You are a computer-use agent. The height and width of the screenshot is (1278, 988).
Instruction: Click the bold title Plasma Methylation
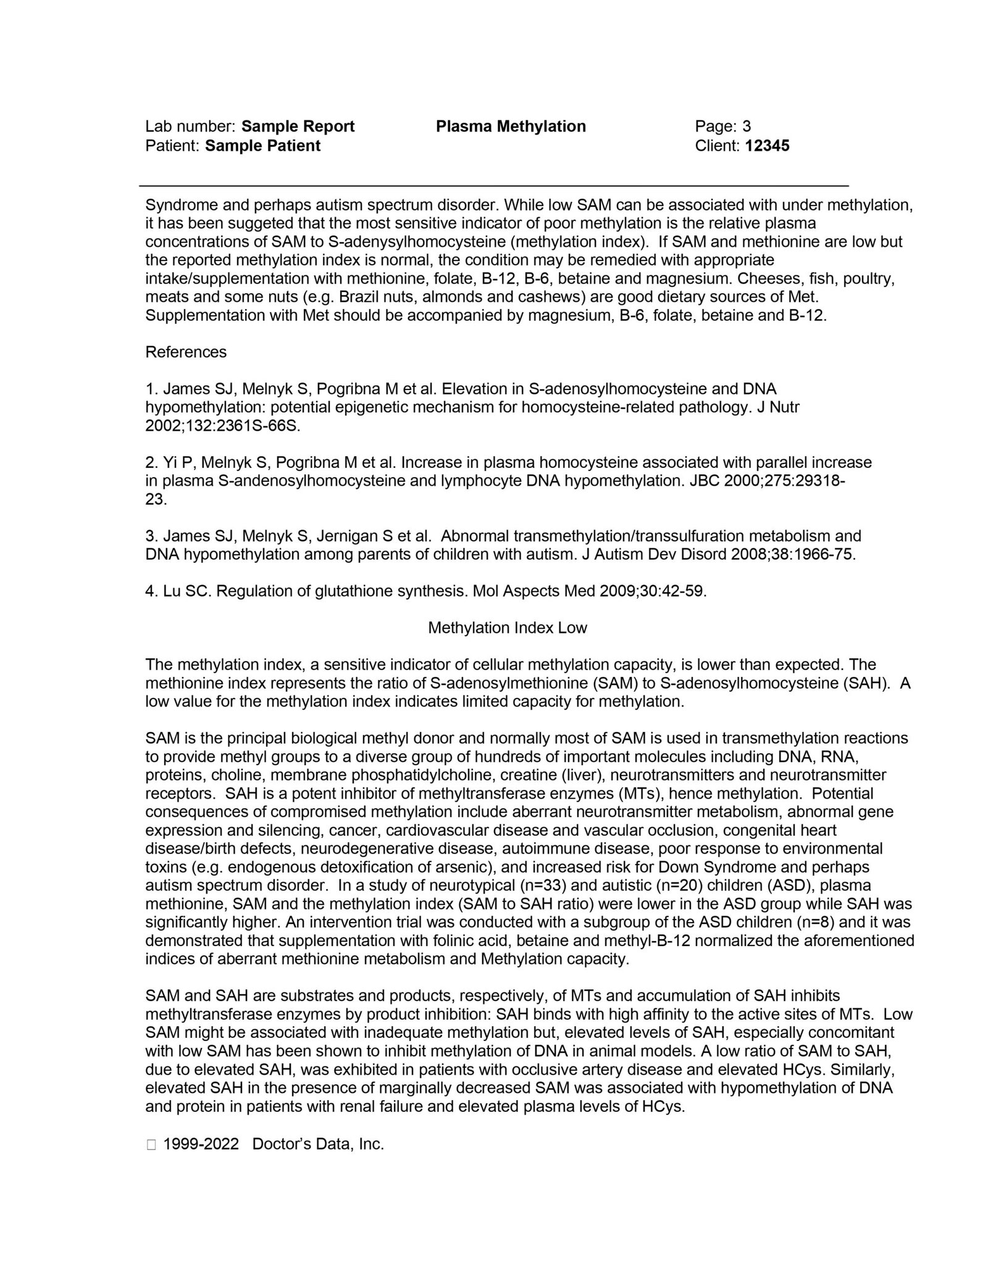(x=511, y=127)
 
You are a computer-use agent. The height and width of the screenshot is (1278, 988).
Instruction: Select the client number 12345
(x=767, y=146)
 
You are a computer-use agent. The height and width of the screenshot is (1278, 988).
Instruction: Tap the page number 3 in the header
(x=747, y=127)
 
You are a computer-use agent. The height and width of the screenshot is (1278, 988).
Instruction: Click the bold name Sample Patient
(x=262, y=146)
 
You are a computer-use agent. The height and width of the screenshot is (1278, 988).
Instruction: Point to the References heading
(x=186, y=352)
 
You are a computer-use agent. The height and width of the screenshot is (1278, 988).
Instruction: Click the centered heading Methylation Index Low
(x=507, y=628)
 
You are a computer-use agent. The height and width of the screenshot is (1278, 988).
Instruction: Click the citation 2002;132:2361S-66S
(x=222, y=426)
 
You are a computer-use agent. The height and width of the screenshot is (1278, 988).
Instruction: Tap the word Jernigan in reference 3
(x=350, y=536)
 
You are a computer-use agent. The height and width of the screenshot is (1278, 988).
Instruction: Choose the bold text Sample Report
(x=298, y=127)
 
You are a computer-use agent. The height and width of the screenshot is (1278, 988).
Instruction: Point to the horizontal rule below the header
(x=494, y=185)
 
